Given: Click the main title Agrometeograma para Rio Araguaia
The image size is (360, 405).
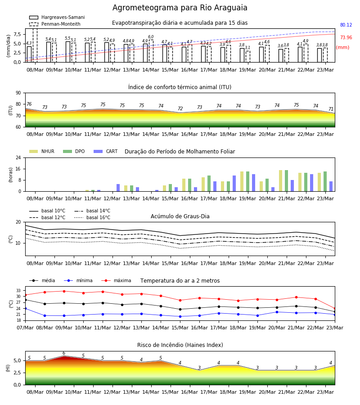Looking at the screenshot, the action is (x=180, y=8).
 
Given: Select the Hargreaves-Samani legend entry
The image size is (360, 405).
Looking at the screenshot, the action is (x=57, y=17).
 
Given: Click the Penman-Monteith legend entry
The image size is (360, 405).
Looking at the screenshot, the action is (x=55, y=24).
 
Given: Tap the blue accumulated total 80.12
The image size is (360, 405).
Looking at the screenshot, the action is (x=346, y=25).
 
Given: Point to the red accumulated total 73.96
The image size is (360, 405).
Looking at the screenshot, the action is (x=346, y=37).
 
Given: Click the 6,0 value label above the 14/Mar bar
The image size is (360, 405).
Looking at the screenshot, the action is (x=151, y=37).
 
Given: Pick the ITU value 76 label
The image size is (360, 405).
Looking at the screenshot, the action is (x=29, y=104).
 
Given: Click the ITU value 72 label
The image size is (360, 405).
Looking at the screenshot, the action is (x=180, y=108).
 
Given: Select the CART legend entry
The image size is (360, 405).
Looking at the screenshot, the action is (x=106, y=151).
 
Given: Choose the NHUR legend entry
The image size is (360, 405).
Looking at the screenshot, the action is (x=42, y=151).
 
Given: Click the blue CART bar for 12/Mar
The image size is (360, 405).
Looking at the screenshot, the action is (x=118, y=188).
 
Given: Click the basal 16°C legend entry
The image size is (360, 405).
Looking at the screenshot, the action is (x=92, y=217).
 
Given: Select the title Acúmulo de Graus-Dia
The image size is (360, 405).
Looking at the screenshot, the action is (x=180, y=216).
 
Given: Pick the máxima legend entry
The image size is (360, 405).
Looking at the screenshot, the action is (x=117, y=280).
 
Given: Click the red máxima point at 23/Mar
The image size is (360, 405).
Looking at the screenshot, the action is (x=335, y=309).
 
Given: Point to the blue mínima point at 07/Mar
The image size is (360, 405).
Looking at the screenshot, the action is (x=25, y=309).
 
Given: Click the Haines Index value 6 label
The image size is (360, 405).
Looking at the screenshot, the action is (x=64, y=353).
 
